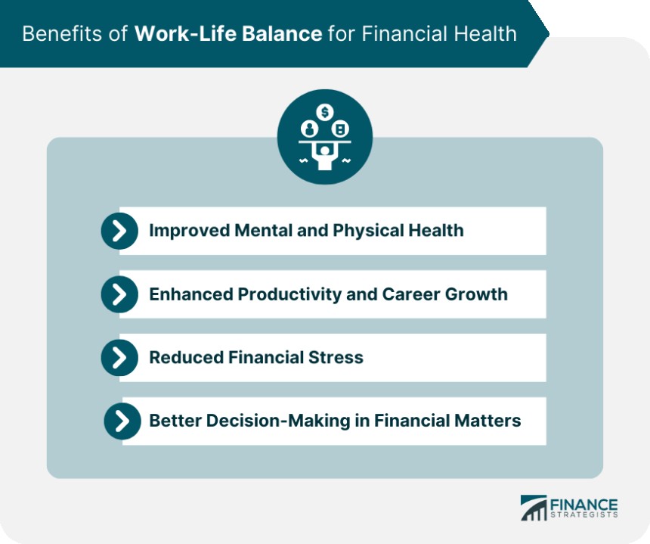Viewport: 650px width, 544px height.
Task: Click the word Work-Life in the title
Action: (x=187, y=33)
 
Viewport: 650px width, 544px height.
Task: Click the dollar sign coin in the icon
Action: (x=324, y=112)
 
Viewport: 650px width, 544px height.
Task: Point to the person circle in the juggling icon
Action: (x=309, y=129)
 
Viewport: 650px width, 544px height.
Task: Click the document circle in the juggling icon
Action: (x=340, y=129)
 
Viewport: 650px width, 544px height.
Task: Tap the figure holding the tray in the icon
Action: (x=324, y=155)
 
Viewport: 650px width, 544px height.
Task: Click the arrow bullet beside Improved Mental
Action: (x=119, y=231)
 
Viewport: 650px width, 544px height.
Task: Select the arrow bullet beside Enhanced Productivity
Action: (x=119, y=294)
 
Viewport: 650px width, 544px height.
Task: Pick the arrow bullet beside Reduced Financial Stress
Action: (x=119, y=358)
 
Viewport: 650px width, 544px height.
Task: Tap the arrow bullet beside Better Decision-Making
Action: (x=122, y=421)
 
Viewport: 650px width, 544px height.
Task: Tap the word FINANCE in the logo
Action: (x=583, y=505)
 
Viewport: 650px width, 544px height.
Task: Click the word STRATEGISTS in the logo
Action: (x=584, y=515)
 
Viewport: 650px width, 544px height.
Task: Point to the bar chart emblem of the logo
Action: (x=534, y=508)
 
